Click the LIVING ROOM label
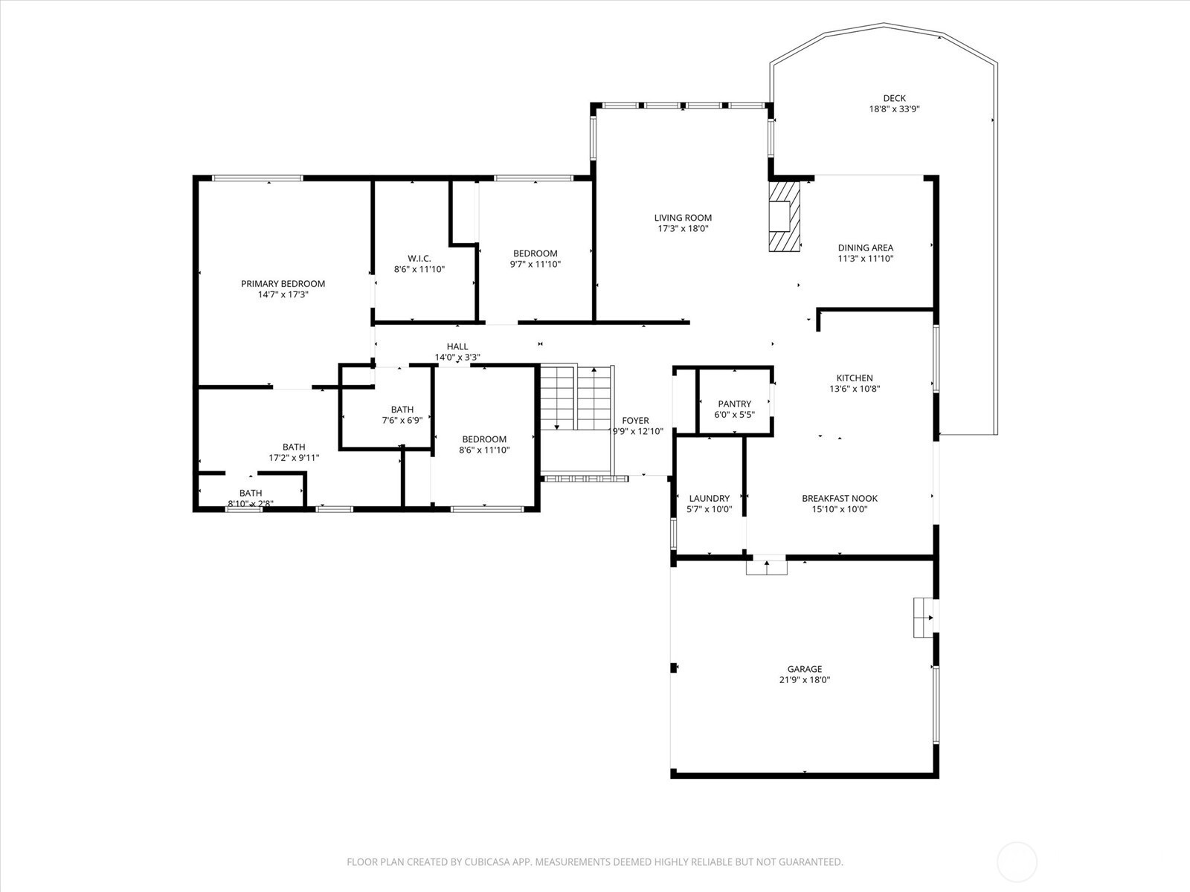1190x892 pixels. pos(683,218)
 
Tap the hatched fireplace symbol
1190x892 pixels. pos(784,216)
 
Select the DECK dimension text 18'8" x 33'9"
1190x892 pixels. pos(895,109)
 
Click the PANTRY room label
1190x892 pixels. pos(735,404)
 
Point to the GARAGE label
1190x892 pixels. pos(805,669)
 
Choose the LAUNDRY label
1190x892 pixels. pos(709,498)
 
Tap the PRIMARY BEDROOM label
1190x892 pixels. pos(283,284)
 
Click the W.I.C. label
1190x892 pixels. pos(419,259)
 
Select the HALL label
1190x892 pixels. pos(457,346)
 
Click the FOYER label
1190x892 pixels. pos(635,420)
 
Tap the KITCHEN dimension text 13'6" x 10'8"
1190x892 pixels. pos(855,389)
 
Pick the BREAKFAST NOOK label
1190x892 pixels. pos(840,498)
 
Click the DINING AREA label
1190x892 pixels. pos(865,248)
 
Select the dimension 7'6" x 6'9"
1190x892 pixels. pos(402,420)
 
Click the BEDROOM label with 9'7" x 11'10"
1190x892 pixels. pos(535,253)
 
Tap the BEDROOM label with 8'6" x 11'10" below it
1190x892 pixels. pos(484,439)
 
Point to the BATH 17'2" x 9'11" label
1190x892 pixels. pos(294,447)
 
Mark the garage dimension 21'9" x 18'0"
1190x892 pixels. pos(805,680)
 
